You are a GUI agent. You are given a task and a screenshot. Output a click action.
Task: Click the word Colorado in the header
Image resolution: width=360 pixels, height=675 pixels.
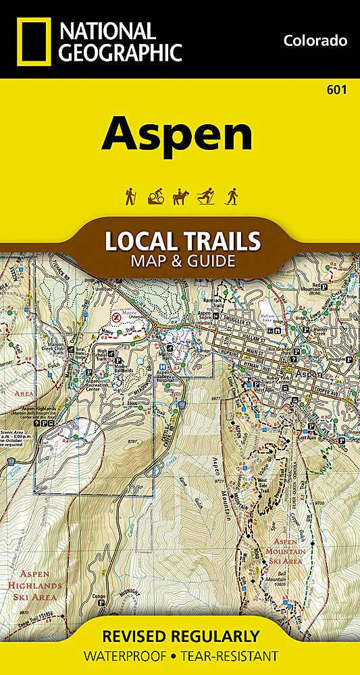click(315, 40)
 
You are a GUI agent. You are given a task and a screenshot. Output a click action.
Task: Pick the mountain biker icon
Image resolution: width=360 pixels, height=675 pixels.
click(155, 196)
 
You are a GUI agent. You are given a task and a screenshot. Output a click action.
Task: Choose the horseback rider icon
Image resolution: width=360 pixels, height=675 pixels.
click(180, 196)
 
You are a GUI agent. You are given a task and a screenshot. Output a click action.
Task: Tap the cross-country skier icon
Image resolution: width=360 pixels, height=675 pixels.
click(205, 196)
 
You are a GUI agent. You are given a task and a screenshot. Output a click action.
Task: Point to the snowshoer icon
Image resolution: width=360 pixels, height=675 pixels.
click(232, 196)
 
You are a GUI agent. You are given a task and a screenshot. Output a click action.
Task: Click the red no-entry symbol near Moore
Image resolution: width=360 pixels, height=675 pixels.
click(116, 315)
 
